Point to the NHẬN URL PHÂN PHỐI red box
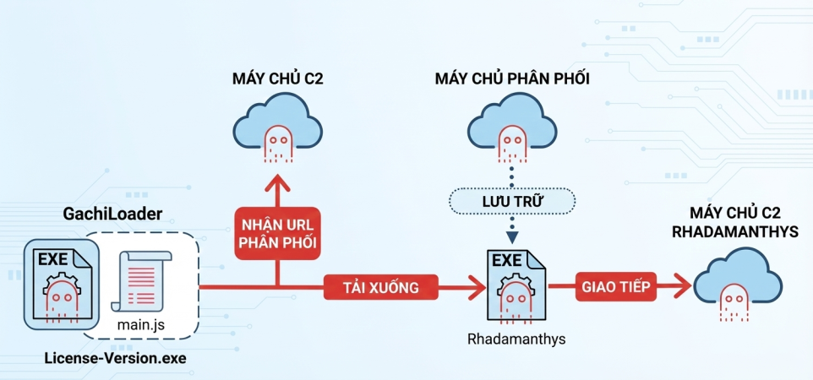point(276,234)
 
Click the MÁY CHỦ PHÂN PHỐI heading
point(512,79)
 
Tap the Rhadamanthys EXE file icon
point(515,286)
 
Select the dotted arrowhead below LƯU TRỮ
point(512,236)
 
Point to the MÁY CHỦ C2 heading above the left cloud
point(278,79)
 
